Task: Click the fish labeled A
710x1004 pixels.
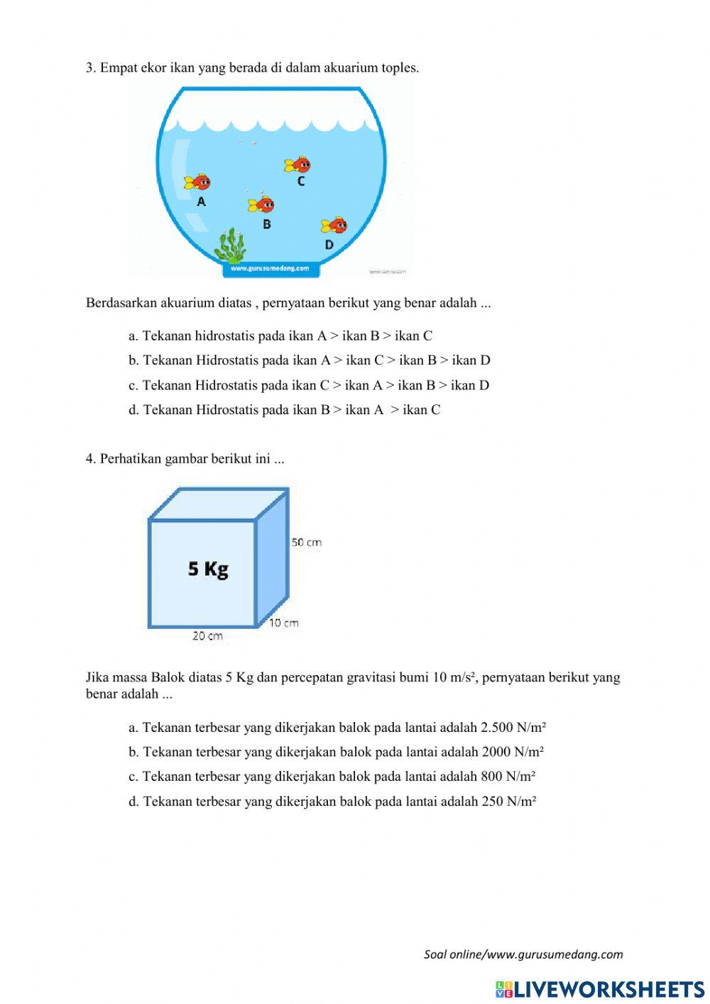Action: point(197,181)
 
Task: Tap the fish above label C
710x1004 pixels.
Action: point(298,166)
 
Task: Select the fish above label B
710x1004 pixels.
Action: point(261,205)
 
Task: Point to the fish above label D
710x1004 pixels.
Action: point(334,226)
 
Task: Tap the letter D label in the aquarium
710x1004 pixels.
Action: point(329,244)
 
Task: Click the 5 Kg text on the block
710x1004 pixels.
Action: point(208,568)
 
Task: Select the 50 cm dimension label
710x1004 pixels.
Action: point(307,542)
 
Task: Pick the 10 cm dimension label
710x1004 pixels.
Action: point(283,623)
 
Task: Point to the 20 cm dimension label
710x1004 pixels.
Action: point(207,636)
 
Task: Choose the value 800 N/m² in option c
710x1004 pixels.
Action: point(508,776)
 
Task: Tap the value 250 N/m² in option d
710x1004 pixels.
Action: point(509,801)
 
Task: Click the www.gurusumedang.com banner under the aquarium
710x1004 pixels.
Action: point(270,269)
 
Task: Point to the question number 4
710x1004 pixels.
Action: point(91,459)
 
